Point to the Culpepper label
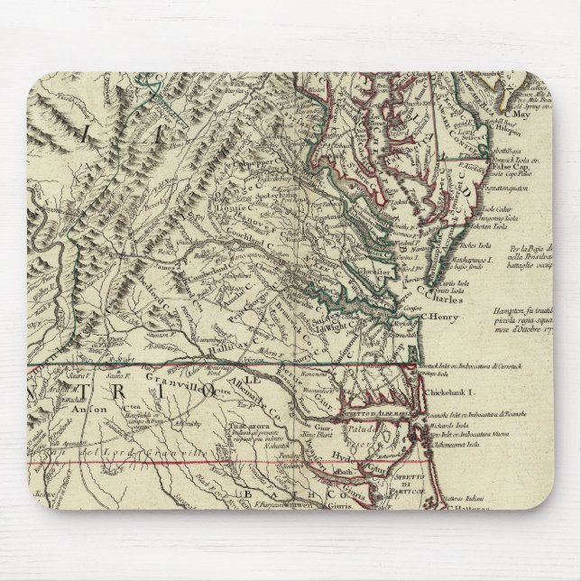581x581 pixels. pyautogui.click(x=234, y=167)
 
